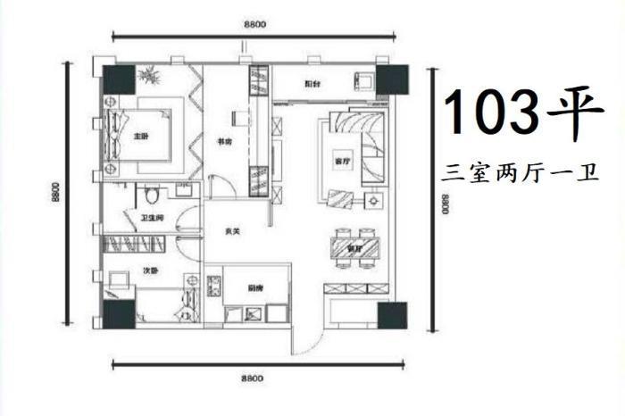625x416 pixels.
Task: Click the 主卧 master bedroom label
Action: [140, 137]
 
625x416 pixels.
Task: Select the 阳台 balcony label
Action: [312, 84]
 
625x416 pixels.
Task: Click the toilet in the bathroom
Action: [152, 193]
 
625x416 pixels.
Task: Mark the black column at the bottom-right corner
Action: [394, 315]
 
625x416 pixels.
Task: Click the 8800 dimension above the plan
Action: [254, 24]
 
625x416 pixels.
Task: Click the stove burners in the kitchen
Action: [214, 288]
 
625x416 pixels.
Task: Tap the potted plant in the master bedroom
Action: [149, 78]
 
